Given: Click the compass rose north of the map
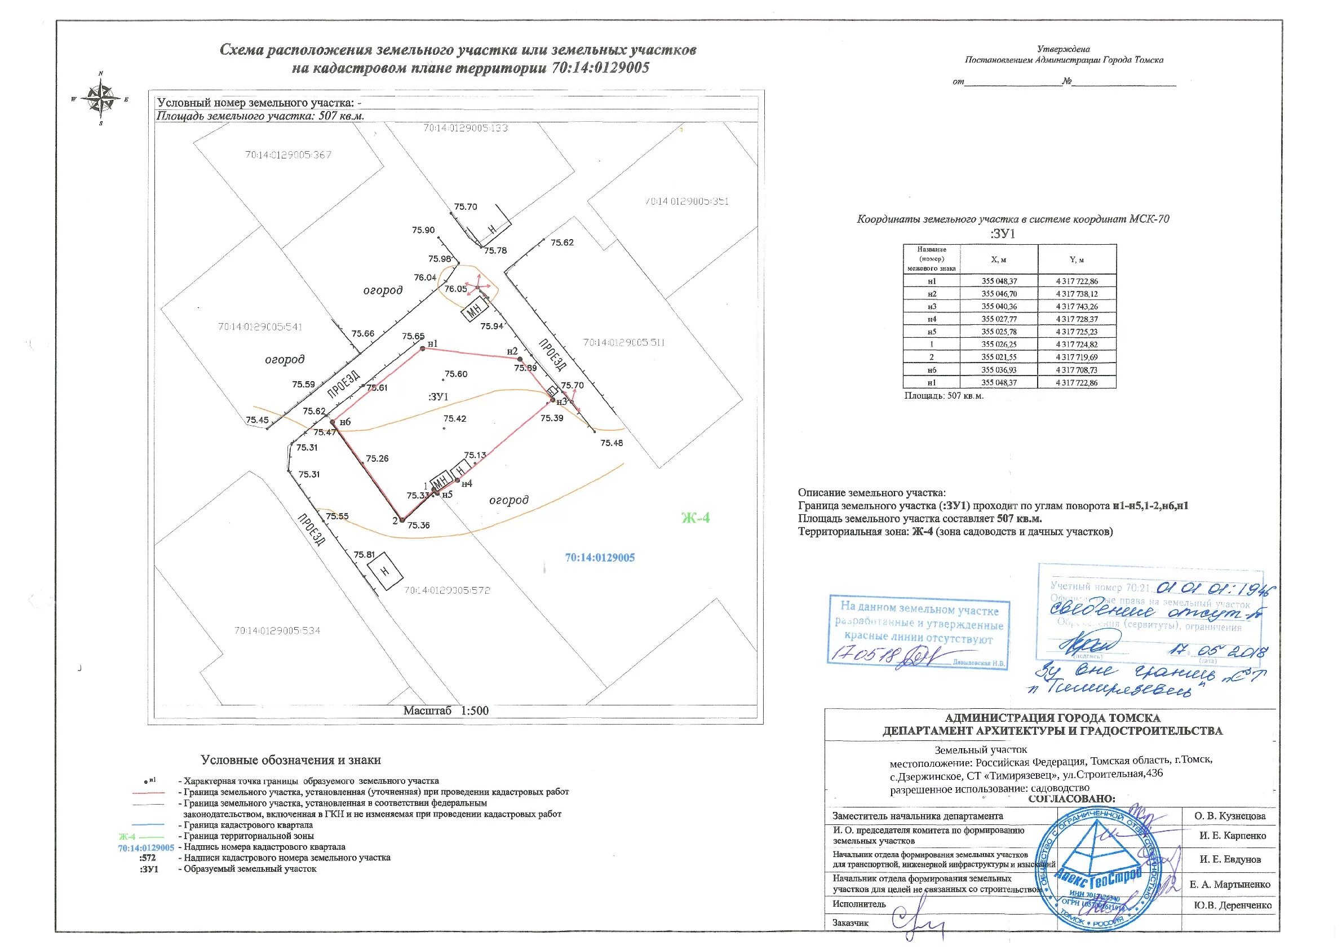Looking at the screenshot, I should click(101, 99).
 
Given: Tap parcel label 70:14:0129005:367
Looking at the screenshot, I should click(288, 155).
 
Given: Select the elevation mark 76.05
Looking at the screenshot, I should click(455, 289).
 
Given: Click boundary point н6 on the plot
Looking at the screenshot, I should click(333, 422).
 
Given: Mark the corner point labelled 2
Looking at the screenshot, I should click(401, 520).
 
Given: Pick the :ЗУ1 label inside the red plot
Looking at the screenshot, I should click(439, 396).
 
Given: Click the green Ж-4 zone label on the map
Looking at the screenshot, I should click(696, 518).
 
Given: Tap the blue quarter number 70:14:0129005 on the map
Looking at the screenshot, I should click(600, 558).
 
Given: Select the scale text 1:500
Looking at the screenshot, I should click(475, 711).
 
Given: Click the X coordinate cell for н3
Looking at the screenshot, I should click(999, 306).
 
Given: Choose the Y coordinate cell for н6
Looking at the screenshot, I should click(1077, 370).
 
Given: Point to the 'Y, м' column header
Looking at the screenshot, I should click(1077, 259).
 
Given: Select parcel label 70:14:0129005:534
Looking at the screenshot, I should click(277, 631).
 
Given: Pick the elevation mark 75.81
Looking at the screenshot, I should click(364, 554).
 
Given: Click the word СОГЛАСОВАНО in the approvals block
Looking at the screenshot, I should click(1071, 798).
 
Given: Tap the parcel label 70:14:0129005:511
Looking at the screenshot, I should click(625, 343).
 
